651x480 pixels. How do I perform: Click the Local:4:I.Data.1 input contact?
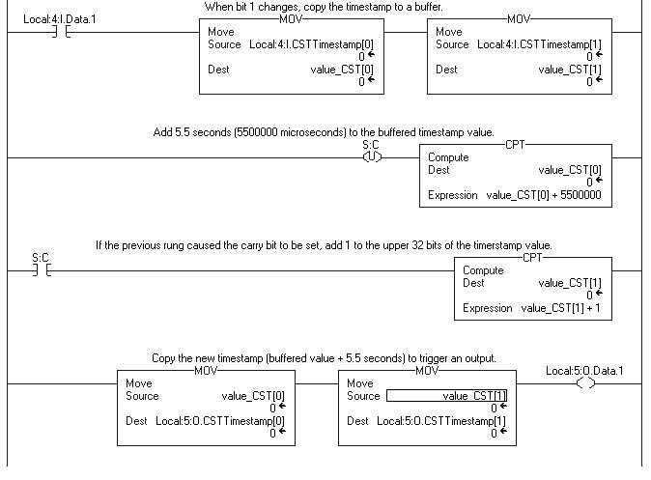click(x=61, y=32)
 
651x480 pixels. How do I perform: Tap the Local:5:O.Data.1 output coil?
click(x=584, y=382)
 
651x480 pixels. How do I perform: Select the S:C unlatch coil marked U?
click(x=370, y=157)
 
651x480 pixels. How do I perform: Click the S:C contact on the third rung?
click(x=42, y=270)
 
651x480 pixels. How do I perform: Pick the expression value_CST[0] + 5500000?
click(x=544, y=195)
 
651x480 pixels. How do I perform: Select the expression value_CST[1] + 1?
click(x=566, y=308)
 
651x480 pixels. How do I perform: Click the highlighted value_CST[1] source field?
click(x=446, y=395)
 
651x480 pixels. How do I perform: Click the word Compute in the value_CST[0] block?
click(x=448, y=157)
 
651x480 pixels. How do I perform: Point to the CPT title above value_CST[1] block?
click(x=532, y=258)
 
